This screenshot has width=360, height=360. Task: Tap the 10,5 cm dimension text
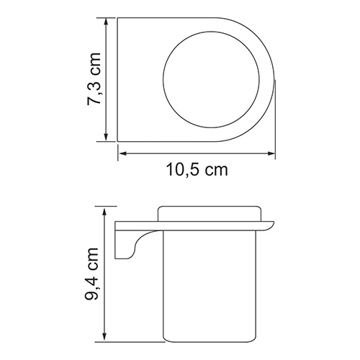click(197, 171)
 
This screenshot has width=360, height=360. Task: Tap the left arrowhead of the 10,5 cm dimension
click(121, 153)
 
